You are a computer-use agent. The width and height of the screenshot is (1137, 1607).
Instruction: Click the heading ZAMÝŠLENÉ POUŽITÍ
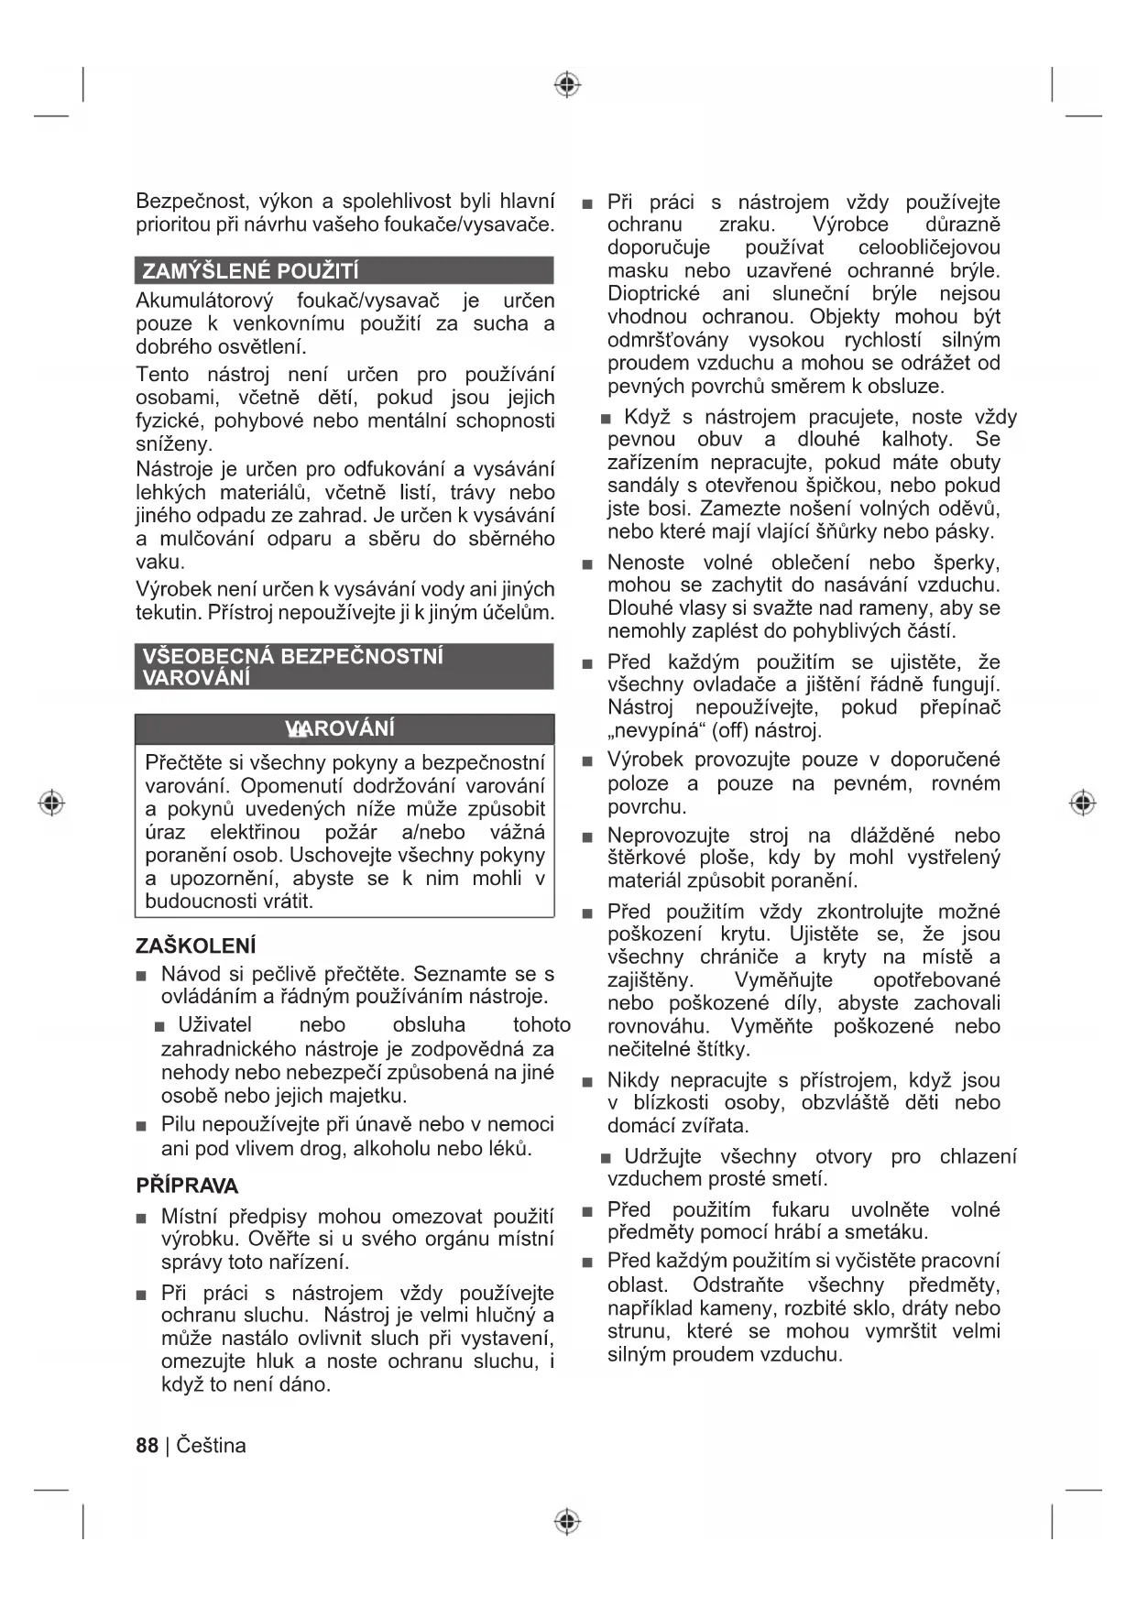coord(250,271)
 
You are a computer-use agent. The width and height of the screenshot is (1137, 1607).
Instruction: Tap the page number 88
coord(147,1445)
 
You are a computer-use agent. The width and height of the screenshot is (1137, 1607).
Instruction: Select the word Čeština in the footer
coord(211,1445)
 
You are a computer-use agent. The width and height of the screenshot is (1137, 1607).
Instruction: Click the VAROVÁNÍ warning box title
coord(341,728)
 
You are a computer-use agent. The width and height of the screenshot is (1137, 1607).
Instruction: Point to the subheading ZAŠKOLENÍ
coord(195,946)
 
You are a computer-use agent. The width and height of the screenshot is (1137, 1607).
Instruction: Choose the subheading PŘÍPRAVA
coord(187,1186)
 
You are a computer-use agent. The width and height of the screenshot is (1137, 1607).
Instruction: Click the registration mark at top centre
coord(568,85)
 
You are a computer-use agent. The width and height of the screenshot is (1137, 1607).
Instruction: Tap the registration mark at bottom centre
coord(568,1522)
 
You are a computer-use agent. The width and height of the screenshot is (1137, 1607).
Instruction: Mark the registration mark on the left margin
coord(51,803)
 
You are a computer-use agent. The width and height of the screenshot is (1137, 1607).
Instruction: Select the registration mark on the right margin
coord(1083,803)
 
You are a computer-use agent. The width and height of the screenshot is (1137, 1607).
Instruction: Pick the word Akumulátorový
coord(203,301)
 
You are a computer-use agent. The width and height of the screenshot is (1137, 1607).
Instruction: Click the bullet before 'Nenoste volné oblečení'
coord(587,564)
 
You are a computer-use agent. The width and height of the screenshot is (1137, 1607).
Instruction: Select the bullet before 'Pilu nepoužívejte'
coord(141,1126)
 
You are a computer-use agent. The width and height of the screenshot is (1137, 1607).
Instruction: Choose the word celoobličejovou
coord(929,247)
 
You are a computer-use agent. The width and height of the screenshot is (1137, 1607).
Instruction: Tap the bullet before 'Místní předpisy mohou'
coord(141,1219)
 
